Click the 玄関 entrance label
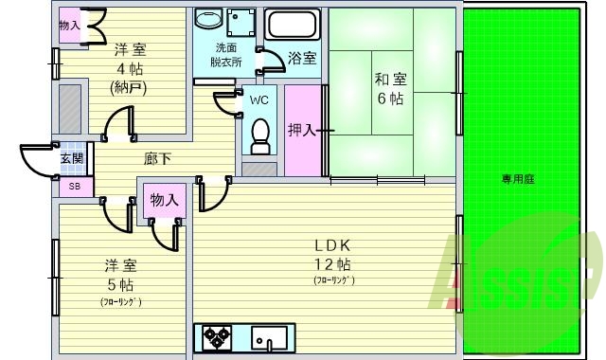coord(71,159)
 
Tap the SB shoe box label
coord(74,187)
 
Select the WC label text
coord(259,98)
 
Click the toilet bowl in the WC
coord(259,133)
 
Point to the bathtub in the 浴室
coord(292,23)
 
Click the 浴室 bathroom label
coord(303,59)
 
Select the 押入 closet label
coord(302,130)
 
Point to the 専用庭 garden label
coord(518,179)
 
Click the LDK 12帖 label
coord(332,253)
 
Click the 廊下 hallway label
coord(157,159)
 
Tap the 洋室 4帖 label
coord(130,60)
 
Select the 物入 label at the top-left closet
coord(69,26)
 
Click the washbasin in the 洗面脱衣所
coord(207,21)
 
